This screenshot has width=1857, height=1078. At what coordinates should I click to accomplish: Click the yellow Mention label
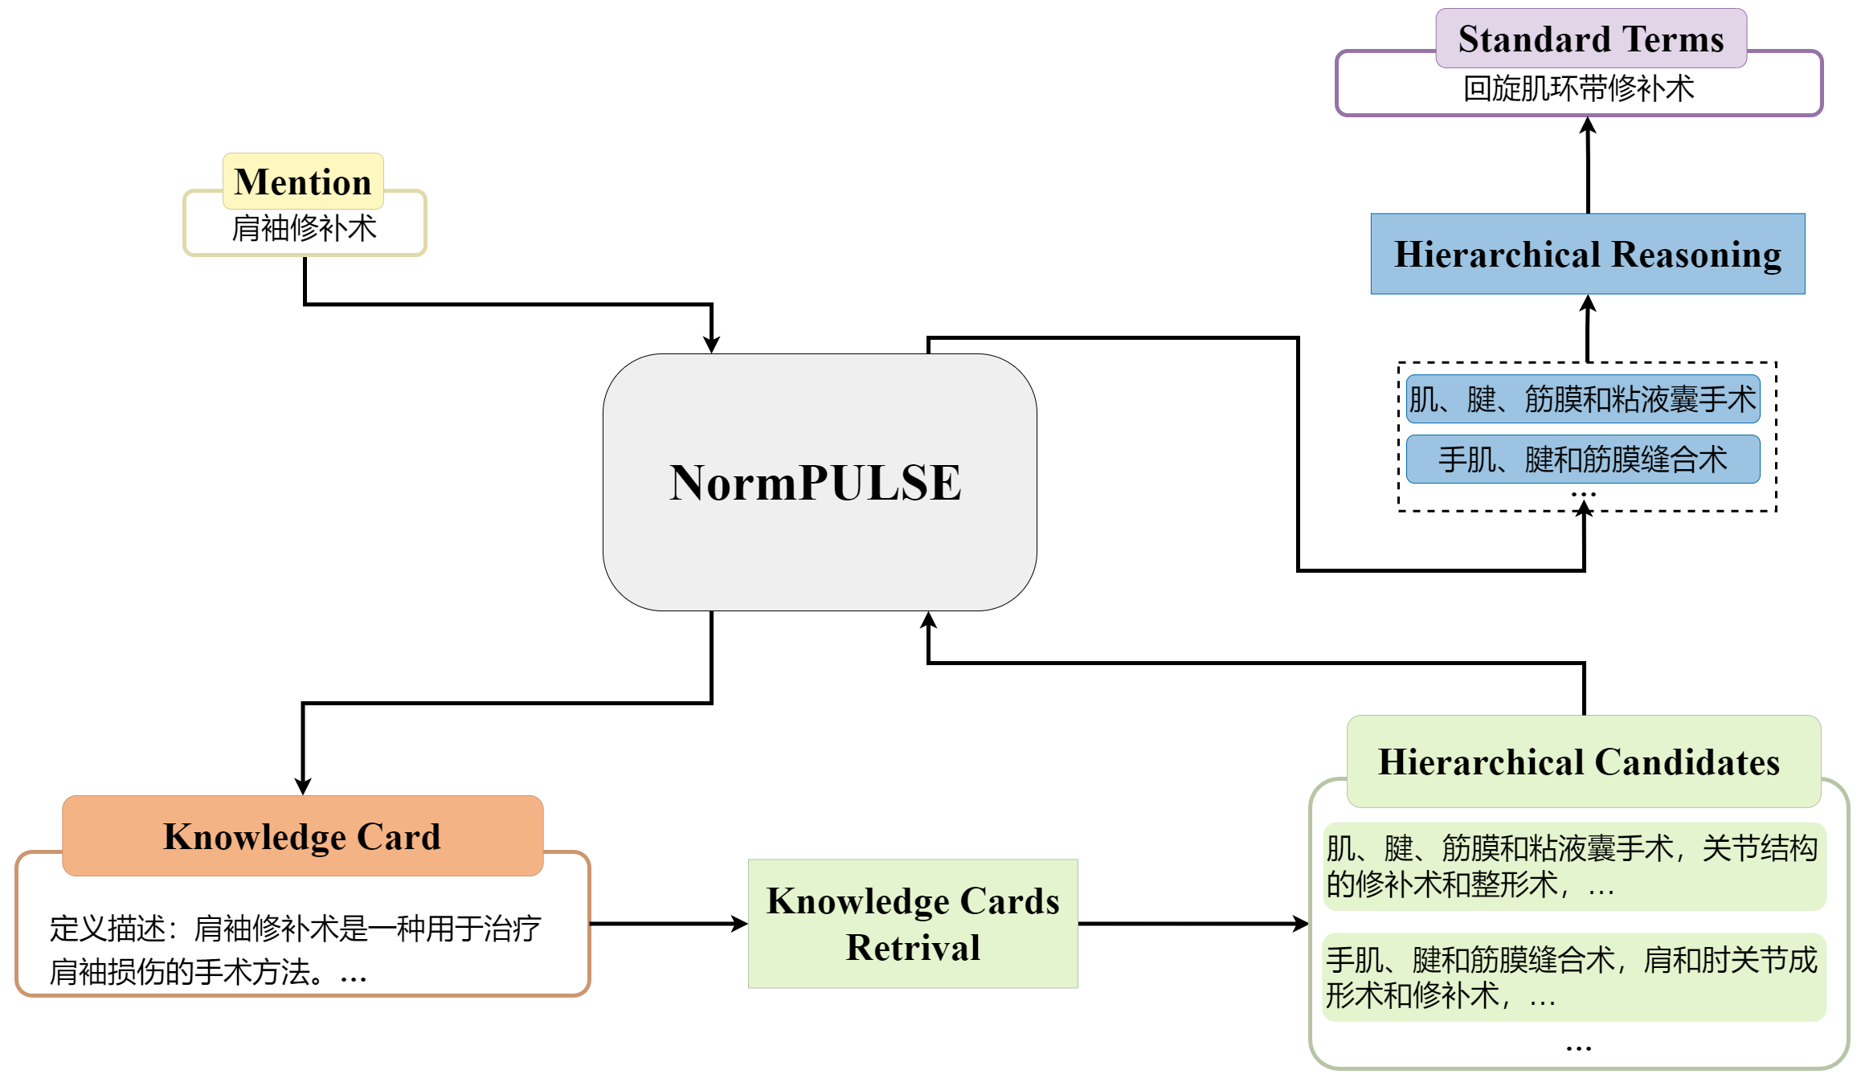point(303,182)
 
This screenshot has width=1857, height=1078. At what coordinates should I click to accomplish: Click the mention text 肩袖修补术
point(304,229)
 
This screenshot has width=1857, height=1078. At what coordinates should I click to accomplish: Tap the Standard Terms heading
point(1590,39)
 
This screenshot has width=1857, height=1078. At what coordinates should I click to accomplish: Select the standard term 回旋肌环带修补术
point(1578,89)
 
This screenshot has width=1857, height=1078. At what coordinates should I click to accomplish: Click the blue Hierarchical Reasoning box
point(1587,255)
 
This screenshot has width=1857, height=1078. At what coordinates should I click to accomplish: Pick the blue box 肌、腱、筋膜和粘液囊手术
point(1582,399)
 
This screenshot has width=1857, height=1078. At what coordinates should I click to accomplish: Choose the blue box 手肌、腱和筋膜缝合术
point(1582,460)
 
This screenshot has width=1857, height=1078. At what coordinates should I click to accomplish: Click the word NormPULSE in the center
point(816,483)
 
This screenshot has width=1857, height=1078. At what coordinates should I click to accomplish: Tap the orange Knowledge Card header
point(302,836)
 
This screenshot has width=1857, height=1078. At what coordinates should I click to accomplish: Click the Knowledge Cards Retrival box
point(913,924)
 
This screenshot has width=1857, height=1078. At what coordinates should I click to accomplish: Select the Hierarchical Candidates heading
point(1579,762)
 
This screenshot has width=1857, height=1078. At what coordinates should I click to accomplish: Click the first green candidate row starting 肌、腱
point(1573,866)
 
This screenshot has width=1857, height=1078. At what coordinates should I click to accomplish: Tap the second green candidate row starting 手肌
point(1573,978)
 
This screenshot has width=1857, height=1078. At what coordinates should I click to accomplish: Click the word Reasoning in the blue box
point(1696,255)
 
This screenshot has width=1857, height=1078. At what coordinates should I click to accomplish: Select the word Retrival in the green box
point(913,948)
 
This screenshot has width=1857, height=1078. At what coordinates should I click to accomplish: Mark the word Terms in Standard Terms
point(1672,39)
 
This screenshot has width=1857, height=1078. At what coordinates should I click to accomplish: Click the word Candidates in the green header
point(1687,762)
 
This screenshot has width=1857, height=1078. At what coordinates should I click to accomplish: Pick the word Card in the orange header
point(399,836)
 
